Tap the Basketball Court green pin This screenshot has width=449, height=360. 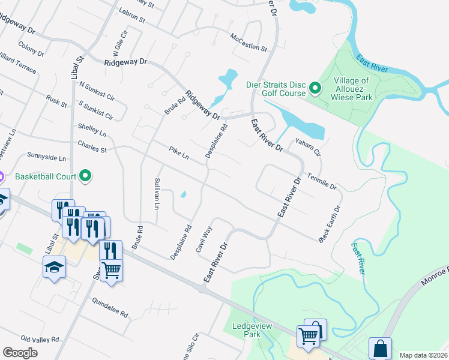(x=85, y=176)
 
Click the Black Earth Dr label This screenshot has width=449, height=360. (x=331, y=225)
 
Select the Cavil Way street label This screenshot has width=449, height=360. (x=204, y=239)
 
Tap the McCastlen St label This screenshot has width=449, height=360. (x=249, y=42)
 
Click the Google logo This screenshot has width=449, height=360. (x=20, y=352)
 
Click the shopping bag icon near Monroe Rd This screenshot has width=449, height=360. (x=381, y=348)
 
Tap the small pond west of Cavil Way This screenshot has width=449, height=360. (x=182, y=194)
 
